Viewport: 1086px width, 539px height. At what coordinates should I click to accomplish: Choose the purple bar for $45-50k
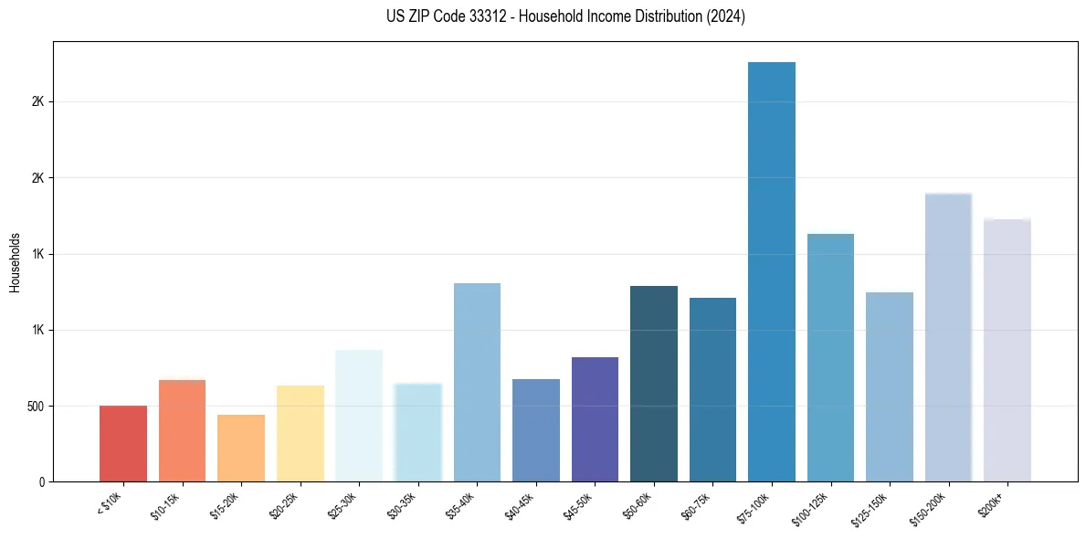tap(595, 419)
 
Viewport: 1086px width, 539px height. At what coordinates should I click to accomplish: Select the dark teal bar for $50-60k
tap(654, 384)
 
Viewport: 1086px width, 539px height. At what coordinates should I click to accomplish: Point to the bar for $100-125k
tap(830, 357)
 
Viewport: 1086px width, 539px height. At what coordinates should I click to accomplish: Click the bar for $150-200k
tap(948, 337)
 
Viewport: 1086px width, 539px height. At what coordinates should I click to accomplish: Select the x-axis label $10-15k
tap(166, 504)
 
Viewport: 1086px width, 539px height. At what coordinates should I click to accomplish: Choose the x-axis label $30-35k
tap(402, 504)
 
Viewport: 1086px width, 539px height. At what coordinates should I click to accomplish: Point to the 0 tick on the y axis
tap(41, 481)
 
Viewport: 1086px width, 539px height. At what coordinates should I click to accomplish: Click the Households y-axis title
tap(15, 262)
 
